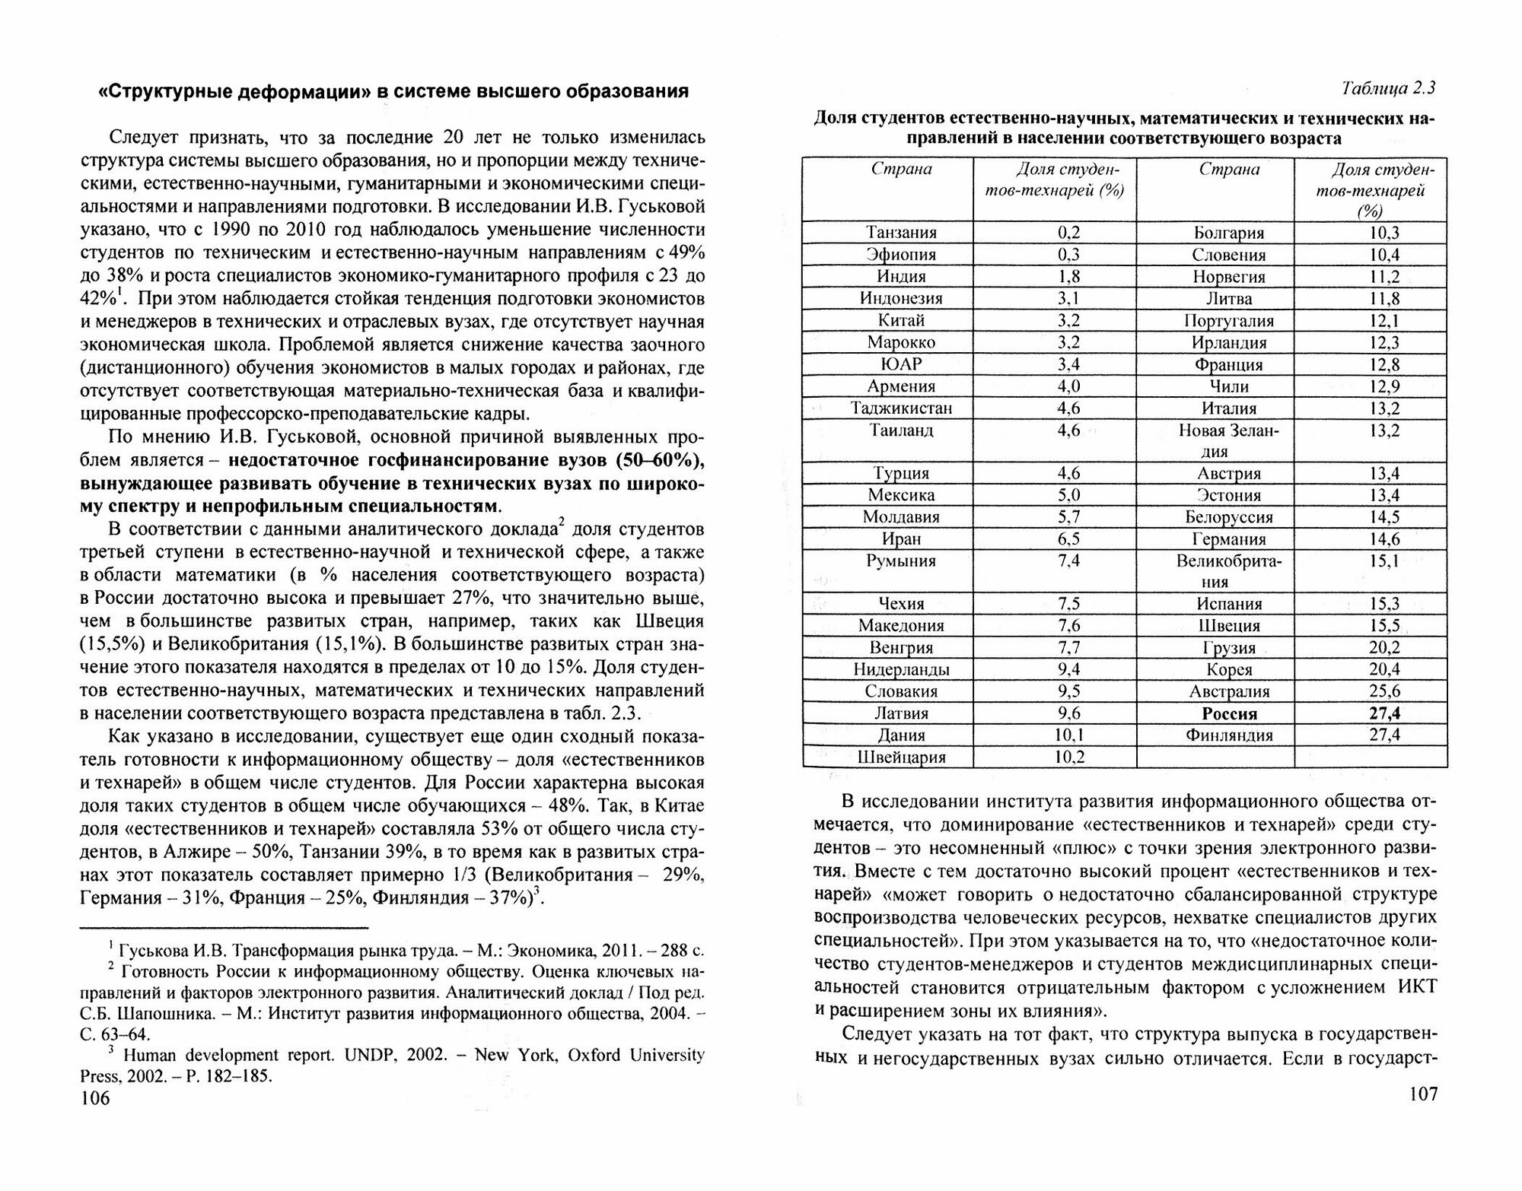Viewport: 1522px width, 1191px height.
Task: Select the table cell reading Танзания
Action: pyautogui.click(x=902, y=233)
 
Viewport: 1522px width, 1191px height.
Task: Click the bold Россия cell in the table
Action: pyautogui.click(x=1229, y=714)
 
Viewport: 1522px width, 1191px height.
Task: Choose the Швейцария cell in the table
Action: pyautogui.click(x=902, y=757)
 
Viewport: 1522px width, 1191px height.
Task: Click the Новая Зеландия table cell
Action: pyautogui.click(x=1229, y=441)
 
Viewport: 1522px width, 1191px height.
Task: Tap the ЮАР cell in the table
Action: pyautogui.click(x=902, y=364)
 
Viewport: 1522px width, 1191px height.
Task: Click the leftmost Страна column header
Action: pyautogui.click(x=902, y=170)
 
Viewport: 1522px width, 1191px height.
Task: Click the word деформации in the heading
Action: pyautogui.click(x=282, y=92)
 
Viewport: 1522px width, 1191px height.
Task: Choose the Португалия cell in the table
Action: pyautogui.click(x=1229, y=321)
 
